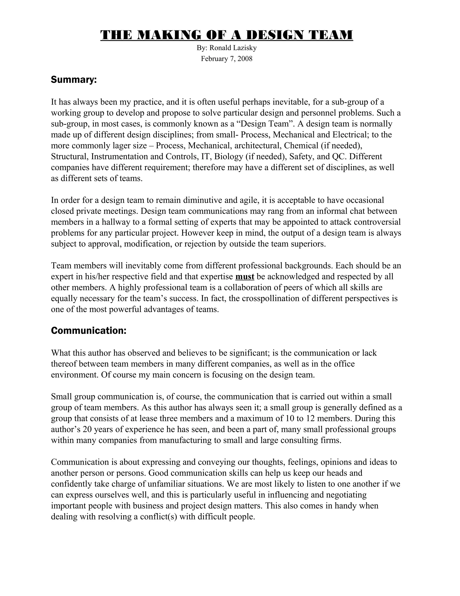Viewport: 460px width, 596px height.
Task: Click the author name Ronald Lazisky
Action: (233, 48)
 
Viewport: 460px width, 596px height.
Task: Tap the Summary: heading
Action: (74, 80)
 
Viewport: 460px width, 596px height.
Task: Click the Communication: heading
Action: (88, 330)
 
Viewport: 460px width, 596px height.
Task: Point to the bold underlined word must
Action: (245, 277)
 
